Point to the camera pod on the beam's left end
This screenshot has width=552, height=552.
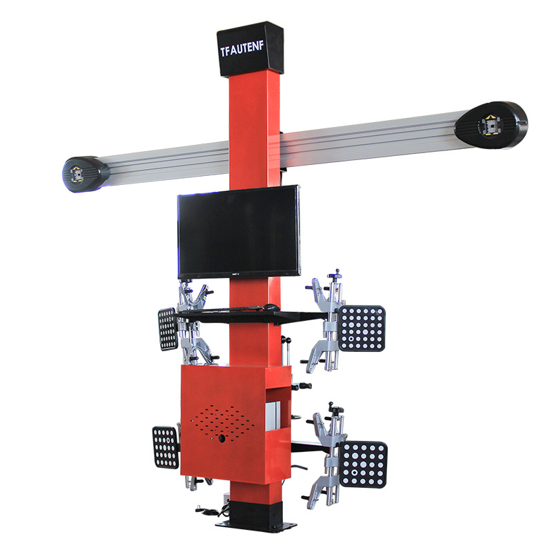pyautogui.click(x=85, y=173)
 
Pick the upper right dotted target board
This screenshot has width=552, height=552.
pyautogui.click(x=362, y=328)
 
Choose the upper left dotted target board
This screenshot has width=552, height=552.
pyautogui.click(x=168, y=328)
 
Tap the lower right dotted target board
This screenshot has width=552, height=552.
pyautogui.click(x=363, y=464)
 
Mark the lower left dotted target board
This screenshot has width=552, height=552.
pyautogui.click(x=166, y=447)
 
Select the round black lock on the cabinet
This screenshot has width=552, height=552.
pyautogui.click(x=221, y=438)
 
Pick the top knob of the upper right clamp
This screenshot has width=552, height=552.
pyautogui.click(x=336, y=275)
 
